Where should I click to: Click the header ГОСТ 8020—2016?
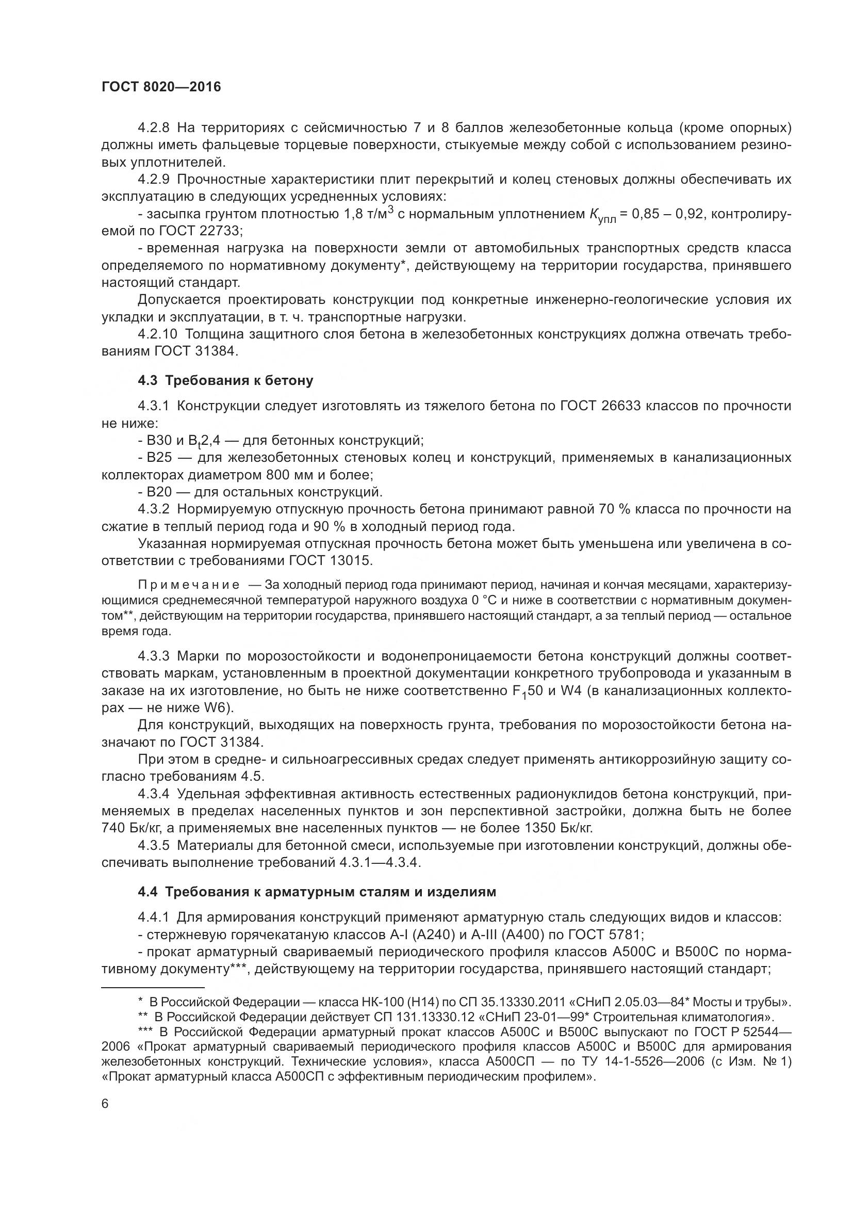click(161, 87)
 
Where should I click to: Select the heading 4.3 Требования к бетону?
click(225, 381)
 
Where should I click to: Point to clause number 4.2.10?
click(158, 334)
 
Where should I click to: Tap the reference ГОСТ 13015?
click(330, 561)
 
